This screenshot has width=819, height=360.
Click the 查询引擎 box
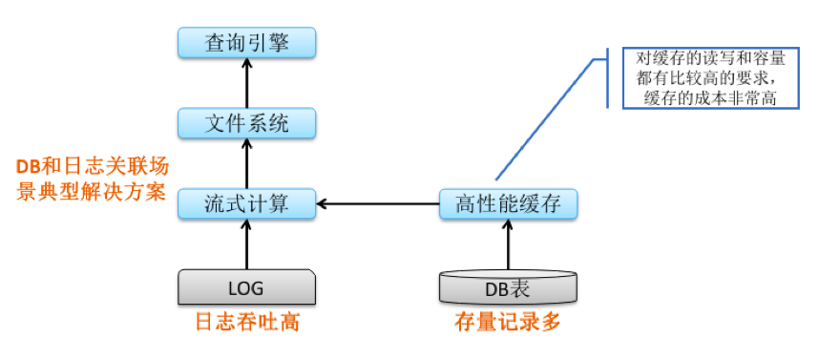pos(247,43)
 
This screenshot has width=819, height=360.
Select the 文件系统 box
pos(247,123)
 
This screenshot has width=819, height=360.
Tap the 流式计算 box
pos(247,203)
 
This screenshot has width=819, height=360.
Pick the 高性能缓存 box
pos(508,203)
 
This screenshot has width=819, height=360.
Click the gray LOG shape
pos(247,286)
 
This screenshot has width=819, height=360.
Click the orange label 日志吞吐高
pos(247,323)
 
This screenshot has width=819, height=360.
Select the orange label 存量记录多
pos(507,323)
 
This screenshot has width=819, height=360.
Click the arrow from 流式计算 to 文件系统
pos(247,163)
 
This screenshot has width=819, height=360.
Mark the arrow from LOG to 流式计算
pos(247,244)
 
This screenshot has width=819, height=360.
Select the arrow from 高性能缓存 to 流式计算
pos(378,203)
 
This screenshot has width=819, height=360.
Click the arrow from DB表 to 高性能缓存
pos(508,245)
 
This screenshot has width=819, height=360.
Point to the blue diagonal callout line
pos(544,119)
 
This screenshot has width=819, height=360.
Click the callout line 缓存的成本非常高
pos(705,96)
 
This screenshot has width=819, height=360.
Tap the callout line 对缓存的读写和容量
pos(705,58)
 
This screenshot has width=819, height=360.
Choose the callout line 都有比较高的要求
pos(705,77)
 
